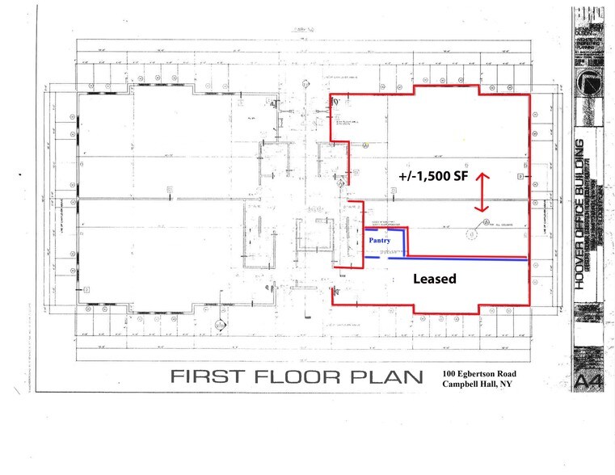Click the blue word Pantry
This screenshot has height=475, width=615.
point(380,241)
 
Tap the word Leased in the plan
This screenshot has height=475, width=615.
point(435,280)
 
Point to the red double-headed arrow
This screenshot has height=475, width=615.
point(482,191)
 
